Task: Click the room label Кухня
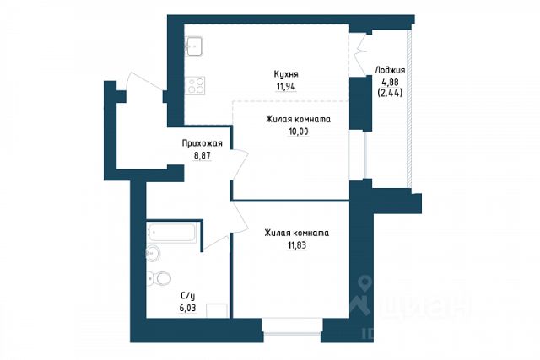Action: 286,74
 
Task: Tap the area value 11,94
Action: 286,86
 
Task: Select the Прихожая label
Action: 202,143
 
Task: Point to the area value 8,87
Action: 202,156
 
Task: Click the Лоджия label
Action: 390,70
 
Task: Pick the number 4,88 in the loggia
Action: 390,83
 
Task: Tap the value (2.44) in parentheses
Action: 390,93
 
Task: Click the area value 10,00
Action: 298,132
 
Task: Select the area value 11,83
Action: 297,245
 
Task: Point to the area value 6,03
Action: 187,308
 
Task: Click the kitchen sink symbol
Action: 194,46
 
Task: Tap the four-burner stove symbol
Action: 195,85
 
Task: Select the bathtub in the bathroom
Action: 171,233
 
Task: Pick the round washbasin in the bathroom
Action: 154,254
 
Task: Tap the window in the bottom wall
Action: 292,326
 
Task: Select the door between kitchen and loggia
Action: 360,54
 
